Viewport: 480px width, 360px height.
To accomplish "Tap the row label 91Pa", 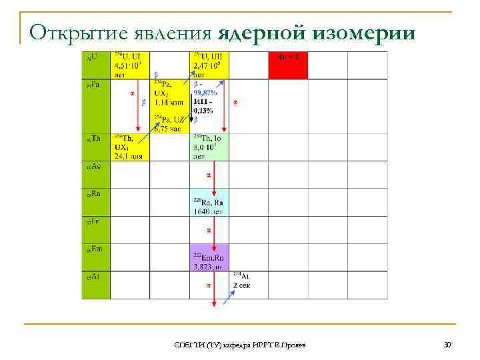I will tap(92, 85).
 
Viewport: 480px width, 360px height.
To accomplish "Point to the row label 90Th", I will tap(93, 139).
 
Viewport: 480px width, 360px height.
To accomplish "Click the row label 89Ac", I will tap(93, 165).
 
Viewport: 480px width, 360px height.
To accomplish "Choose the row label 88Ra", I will tap(93, 193).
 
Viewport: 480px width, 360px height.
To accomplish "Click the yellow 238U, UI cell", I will tap(131, 65).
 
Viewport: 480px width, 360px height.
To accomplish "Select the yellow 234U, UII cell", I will tap(209, 65).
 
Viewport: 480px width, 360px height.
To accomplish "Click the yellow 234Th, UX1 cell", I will tap(130, 147).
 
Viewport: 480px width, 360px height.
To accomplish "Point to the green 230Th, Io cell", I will tap(209, 147).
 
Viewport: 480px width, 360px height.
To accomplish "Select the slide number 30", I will tap(447, 343).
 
